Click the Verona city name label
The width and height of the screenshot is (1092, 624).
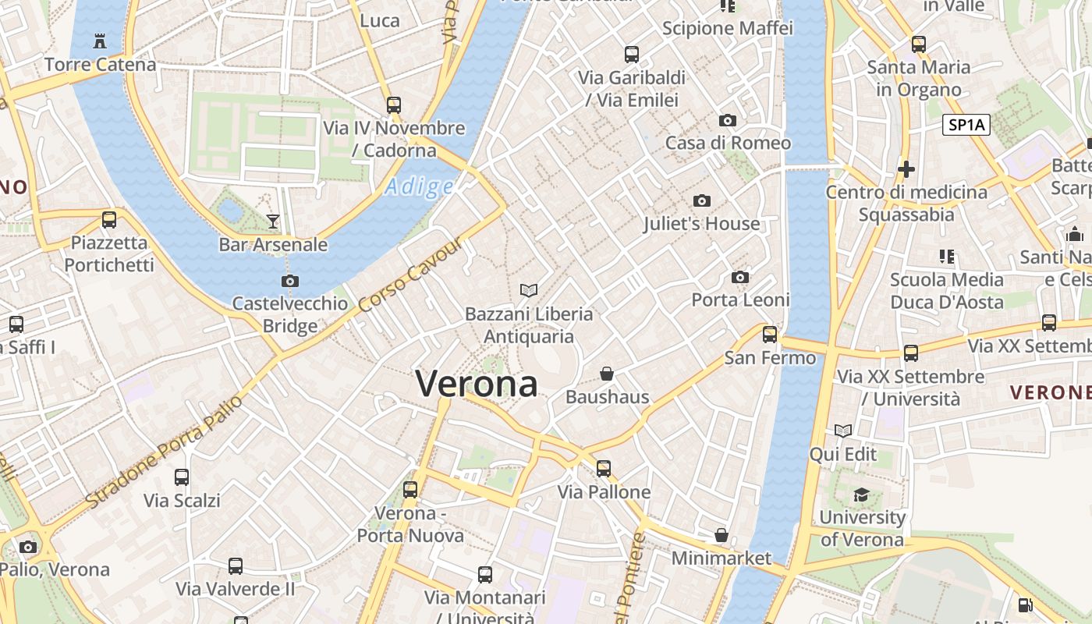[x=477, y=384]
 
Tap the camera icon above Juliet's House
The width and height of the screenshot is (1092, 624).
[x=702, y=201]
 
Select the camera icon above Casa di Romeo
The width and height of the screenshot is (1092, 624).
[x=728, y=120]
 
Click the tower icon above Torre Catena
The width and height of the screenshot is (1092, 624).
[x=100, y=41]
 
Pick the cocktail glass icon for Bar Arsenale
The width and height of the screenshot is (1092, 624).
[x=273, y=222]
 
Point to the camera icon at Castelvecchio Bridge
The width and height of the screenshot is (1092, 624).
[x=290, y=281]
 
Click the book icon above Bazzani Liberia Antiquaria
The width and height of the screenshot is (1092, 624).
[x=529, y=291]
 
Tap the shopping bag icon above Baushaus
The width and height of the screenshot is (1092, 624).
[x=607, y=374]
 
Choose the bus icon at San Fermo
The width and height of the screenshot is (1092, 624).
[x=770, y=335]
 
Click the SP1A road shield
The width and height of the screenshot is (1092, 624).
[x=966, y=125]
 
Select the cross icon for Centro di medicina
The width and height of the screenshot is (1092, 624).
[x=906, y=168]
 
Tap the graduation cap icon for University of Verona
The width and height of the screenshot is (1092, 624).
[x=861, y=495]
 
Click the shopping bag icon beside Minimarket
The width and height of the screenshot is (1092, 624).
[x=721, y=536]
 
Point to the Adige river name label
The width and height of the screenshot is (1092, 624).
[x=420, y=187]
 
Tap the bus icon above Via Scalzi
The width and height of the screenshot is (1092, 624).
[x=182, y=477]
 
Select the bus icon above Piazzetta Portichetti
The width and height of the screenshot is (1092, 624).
[x=109, y=220]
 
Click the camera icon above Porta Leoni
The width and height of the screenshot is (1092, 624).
[x=740, y=278]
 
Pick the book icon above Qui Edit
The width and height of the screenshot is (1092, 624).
[x=843, y=431]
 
